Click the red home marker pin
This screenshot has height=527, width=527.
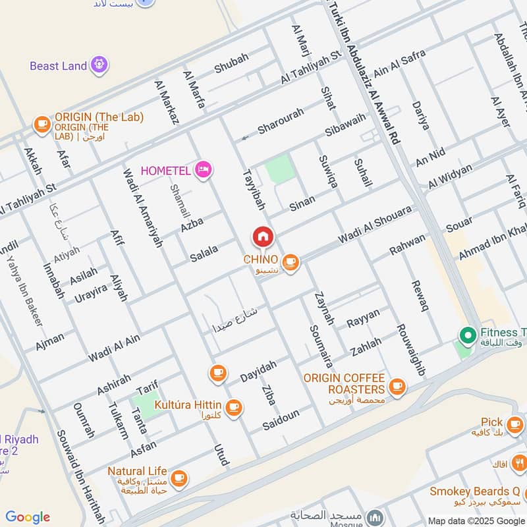click(263, 237)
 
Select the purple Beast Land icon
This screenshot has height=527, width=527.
click(100, 65)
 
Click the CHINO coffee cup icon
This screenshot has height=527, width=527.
click(291, 263)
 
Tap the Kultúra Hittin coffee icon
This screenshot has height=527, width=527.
click(233, 407)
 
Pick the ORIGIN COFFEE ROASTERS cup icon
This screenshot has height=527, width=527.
click(396, 386)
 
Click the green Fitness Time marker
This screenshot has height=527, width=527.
click(468, 335)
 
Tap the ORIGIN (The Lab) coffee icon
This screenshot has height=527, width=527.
click(42, 123)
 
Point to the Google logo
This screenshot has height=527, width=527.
click(28, 517)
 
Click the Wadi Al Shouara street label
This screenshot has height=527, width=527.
click(374, 224)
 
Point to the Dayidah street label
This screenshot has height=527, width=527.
click(258, 371)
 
